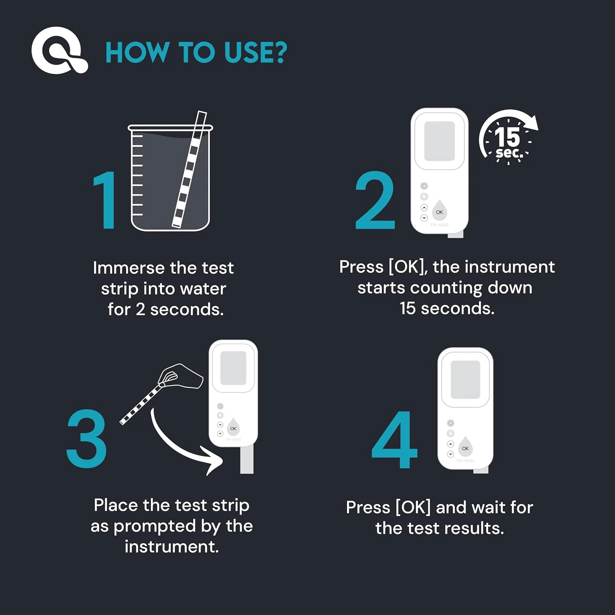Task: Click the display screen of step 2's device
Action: coord(440,141)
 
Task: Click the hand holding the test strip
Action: coord(180,375)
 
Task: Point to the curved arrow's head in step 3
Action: coord(214,463)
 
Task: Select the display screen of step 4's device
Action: coord(465,380)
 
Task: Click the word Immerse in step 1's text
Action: coord(128,268)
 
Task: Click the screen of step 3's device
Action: coord(233,368)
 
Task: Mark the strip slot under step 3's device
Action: coord(247,460)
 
